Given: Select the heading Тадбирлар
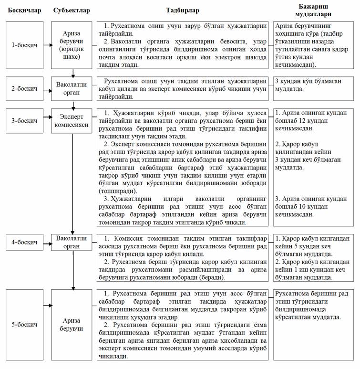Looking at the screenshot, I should tap(183, 10).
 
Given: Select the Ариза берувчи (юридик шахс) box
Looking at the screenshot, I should tap(73, 45).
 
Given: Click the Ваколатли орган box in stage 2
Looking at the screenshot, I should tap(73, 89).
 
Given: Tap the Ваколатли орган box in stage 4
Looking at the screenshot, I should tap(73, 243).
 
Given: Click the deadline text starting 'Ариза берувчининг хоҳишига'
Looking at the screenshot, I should tap(311, 45).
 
